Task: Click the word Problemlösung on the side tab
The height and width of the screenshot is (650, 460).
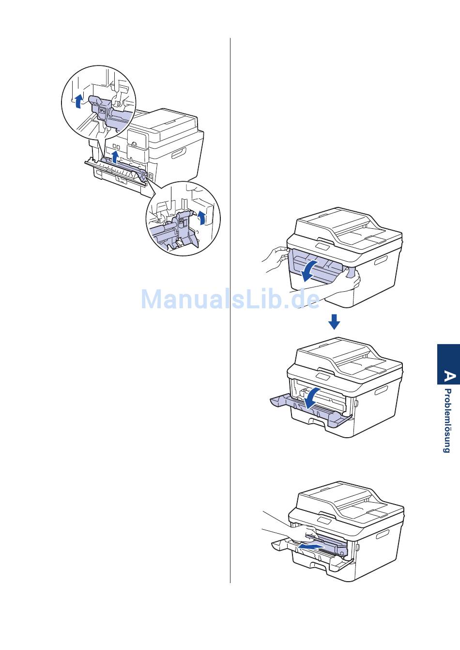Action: [447, 421]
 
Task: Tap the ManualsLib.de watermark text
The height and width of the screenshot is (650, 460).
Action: [230, 299]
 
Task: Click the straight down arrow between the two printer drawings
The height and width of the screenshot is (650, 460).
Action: [334, 321]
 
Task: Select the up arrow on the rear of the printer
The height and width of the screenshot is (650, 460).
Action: [115, 157]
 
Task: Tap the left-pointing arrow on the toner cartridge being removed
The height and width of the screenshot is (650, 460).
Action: [311, 547]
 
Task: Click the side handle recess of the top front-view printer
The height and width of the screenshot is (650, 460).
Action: [382, 261]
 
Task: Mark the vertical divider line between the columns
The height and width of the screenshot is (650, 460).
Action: [230, 310]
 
